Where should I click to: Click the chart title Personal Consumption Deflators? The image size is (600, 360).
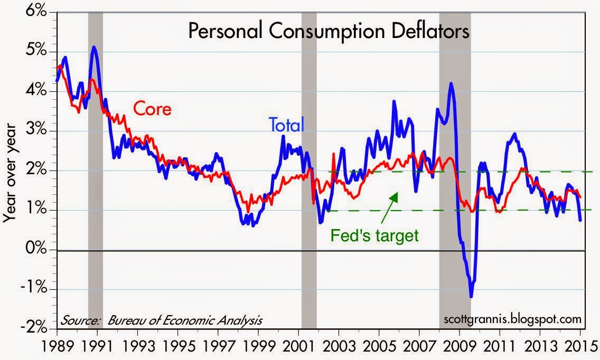point(329,31)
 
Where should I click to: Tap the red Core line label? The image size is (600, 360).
point(152,109)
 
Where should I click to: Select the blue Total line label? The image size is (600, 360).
point(287,125)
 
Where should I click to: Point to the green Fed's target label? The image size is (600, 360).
point(374,235)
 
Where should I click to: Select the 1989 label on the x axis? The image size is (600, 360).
point(58,346)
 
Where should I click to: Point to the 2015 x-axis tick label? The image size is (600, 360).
point(580,346)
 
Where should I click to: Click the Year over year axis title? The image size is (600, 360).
point(10,173)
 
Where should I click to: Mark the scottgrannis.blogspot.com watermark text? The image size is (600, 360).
point(512,319)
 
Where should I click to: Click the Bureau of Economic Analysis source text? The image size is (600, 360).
point(185,320)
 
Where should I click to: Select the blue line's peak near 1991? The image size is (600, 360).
point(94,47)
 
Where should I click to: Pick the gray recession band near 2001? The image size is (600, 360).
point(309,170)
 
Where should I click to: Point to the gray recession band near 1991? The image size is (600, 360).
point(95,170)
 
